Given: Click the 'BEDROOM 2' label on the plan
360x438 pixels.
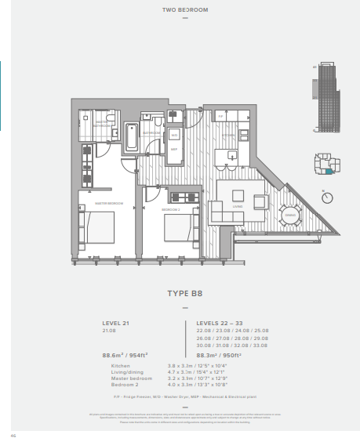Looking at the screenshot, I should point(172,210).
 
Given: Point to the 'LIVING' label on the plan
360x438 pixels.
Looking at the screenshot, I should point(238,207).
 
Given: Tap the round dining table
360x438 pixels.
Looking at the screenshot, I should point(289,214).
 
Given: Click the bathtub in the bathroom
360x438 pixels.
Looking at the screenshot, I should point(129,138).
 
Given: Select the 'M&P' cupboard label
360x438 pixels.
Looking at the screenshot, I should point(174,148).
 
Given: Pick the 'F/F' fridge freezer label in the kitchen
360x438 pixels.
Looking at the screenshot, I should point(221,117).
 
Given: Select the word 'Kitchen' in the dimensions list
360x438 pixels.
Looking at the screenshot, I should point(120,366).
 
